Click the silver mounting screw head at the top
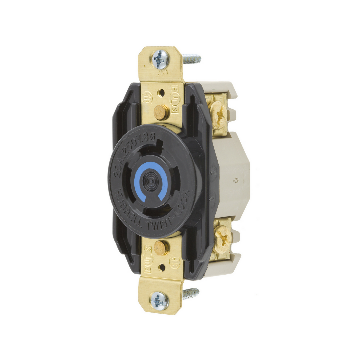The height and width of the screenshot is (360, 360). [161, 59]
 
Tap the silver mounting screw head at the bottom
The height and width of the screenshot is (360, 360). [159, 301]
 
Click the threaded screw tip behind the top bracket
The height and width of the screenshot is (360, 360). [192, 60]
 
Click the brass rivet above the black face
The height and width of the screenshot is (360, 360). [161, 112]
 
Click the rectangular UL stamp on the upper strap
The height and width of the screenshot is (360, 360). [175, 100]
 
